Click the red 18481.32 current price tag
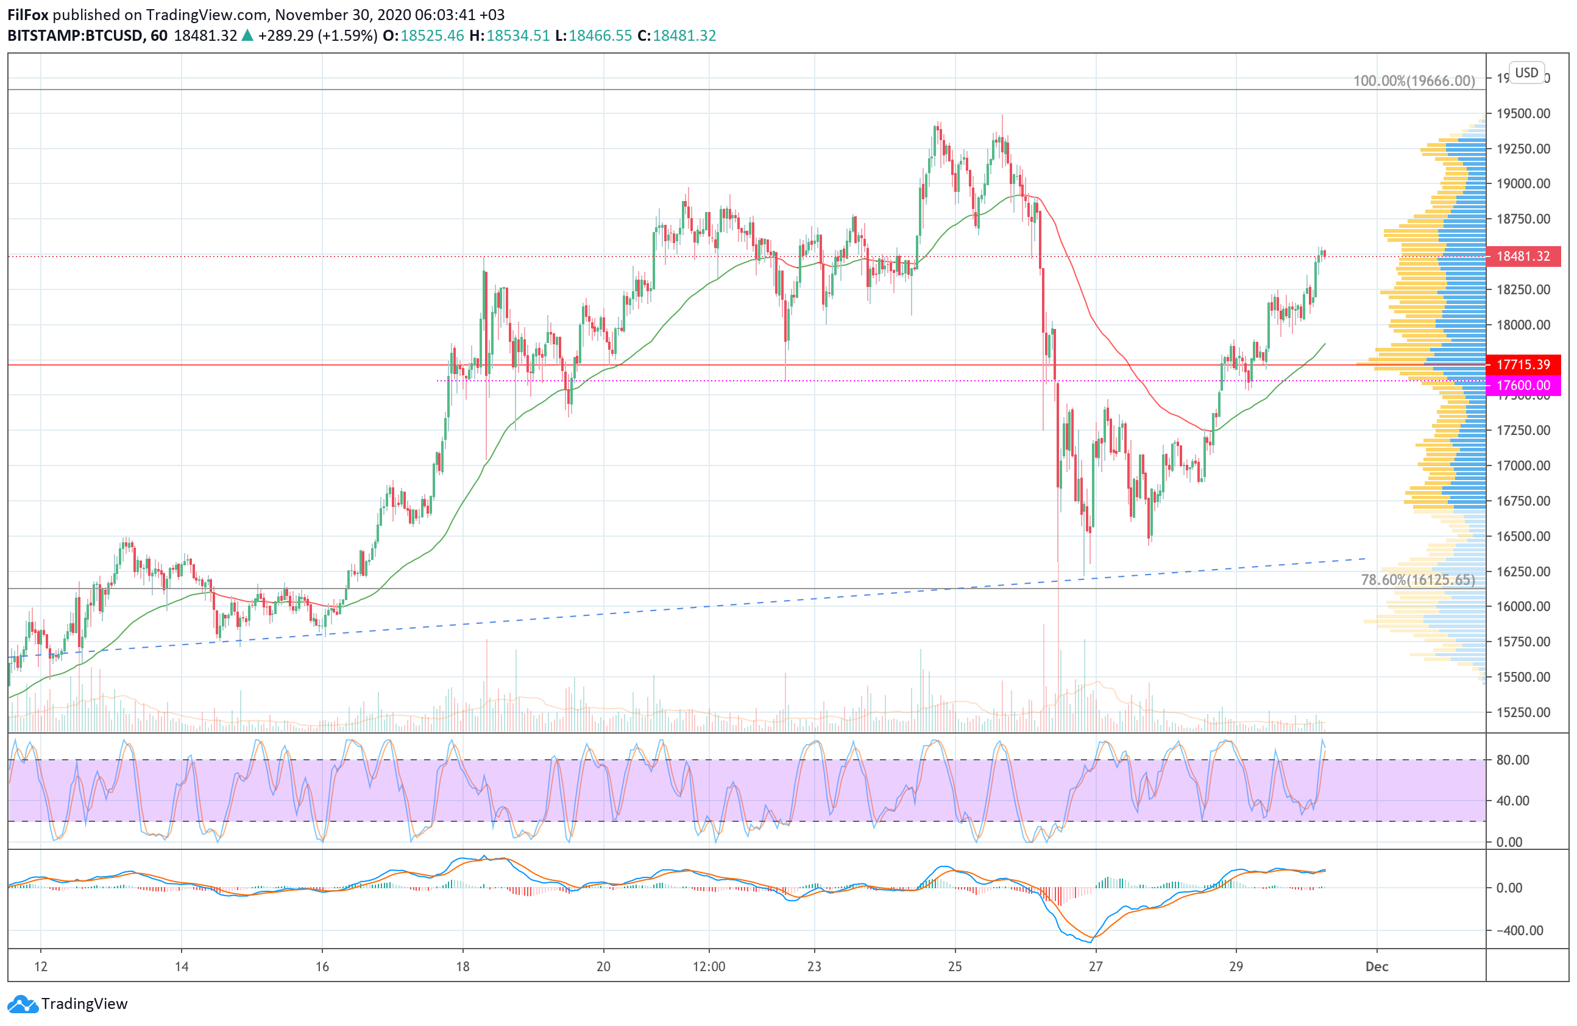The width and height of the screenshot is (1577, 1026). point(1523,256)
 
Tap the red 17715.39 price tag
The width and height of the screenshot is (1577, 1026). point(1523,364)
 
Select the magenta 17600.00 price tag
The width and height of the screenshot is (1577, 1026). point(1523,385)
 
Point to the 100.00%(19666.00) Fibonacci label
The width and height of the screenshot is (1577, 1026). point(1413,81)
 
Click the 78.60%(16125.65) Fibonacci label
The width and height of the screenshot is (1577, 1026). point(1417,579)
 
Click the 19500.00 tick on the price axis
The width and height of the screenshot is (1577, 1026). point(1523,113)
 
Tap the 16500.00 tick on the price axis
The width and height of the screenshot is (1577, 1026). point(1523,536)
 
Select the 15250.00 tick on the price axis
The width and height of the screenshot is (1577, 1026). point(1523,712)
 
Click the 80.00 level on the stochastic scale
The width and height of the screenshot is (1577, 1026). point(1513,760)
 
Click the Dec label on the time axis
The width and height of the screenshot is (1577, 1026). point(1377,966)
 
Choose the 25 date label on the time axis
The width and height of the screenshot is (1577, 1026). point(955,966)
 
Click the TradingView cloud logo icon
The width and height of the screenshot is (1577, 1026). point(23,1004)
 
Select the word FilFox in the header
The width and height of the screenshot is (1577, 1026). point(28,15)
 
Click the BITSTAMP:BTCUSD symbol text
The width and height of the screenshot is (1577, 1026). point(75,36)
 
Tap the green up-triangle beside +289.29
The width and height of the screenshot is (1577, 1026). point(247,36)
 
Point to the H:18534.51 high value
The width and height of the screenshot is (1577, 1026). point(509,36)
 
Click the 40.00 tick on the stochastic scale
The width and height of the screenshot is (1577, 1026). point(1513,801)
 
